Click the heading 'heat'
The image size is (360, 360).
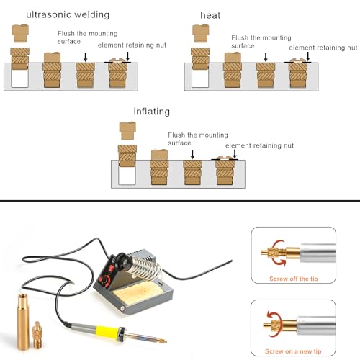click(x=210, y=14)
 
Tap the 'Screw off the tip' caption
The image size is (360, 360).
click(x=293, y=279)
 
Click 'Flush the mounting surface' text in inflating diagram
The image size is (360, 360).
click(x=190, y=138)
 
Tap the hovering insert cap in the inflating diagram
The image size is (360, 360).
click(x=127, y=130)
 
